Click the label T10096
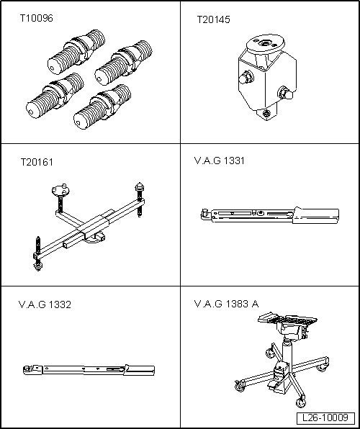point(36,17)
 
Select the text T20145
point(214,21)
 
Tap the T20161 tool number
point(37,162)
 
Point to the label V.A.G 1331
point(220,161)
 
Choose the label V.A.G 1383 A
point(226,304)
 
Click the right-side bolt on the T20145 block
point(284,93)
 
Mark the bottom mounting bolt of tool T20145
point(267,112)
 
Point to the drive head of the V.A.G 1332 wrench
point(28,371)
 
